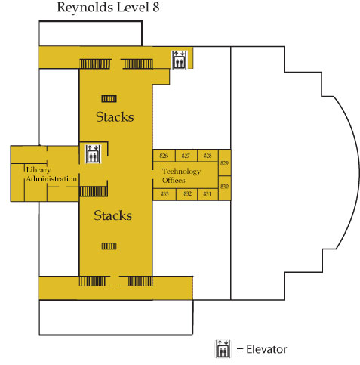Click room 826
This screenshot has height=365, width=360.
(164, 156)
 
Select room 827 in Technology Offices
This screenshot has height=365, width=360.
(186, 156)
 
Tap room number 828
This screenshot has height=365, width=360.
(208, 156)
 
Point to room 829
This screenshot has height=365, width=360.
(224, 163)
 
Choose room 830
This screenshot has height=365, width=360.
(224, 186)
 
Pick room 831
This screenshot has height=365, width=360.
(208, 194)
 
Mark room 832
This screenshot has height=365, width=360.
(187, 194)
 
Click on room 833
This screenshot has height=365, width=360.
(165, 194)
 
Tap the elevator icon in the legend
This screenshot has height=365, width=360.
(223, 348)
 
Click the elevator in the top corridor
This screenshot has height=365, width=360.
(179, 60)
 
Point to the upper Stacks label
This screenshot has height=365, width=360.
(115, 117)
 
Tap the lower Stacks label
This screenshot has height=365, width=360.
(112, 215)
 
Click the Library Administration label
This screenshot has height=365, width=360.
(51, 175)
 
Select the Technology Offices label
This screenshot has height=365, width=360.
(182, 175)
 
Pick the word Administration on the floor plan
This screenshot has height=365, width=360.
(51, 179)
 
